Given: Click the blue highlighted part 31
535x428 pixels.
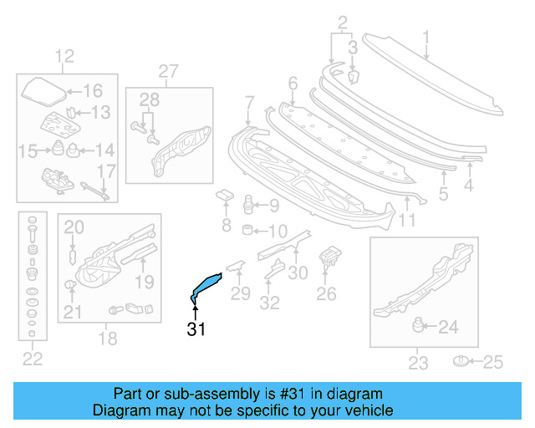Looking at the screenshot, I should click(x=206, y=284).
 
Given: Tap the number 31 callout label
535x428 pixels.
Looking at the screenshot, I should click(x=196, y=329).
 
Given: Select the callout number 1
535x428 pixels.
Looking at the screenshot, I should click(x=425, y=37).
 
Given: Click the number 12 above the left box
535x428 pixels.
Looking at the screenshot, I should click(x=64, y=57).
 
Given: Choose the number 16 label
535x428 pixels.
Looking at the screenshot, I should click(x=92, y=91).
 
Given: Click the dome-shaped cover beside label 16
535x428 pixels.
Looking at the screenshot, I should click(x=41, y=90).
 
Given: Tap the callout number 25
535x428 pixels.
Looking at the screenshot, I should click(x=494, y=362).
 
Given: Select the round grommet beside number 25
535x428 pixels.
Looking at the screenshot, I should click(x=460, y=362).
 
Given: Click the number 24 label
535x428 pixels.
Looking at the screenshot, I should click(x=449, y=328).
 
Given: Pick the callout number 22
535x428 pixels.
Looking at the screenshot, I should click(x=31, y=359).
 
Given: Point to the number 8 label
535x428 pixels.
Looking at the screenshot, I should click(x=226, y=226).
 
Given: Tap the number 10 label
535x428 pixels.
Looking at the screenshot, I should click(x=278, y=232).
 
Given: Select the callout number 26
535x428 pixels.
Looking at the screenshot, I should click(x=326, y=293).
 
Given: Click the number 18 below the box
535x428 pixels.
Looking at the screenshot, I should click(x=109, y=339).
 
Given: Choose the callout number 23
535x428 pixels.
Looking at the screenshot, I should click(x=418, y=363).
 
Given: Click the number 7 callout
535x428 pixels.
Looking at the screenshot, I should click(x=249, y=103).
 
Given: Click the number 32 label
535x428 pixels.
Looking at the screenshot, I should click(x=269, y=303).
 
